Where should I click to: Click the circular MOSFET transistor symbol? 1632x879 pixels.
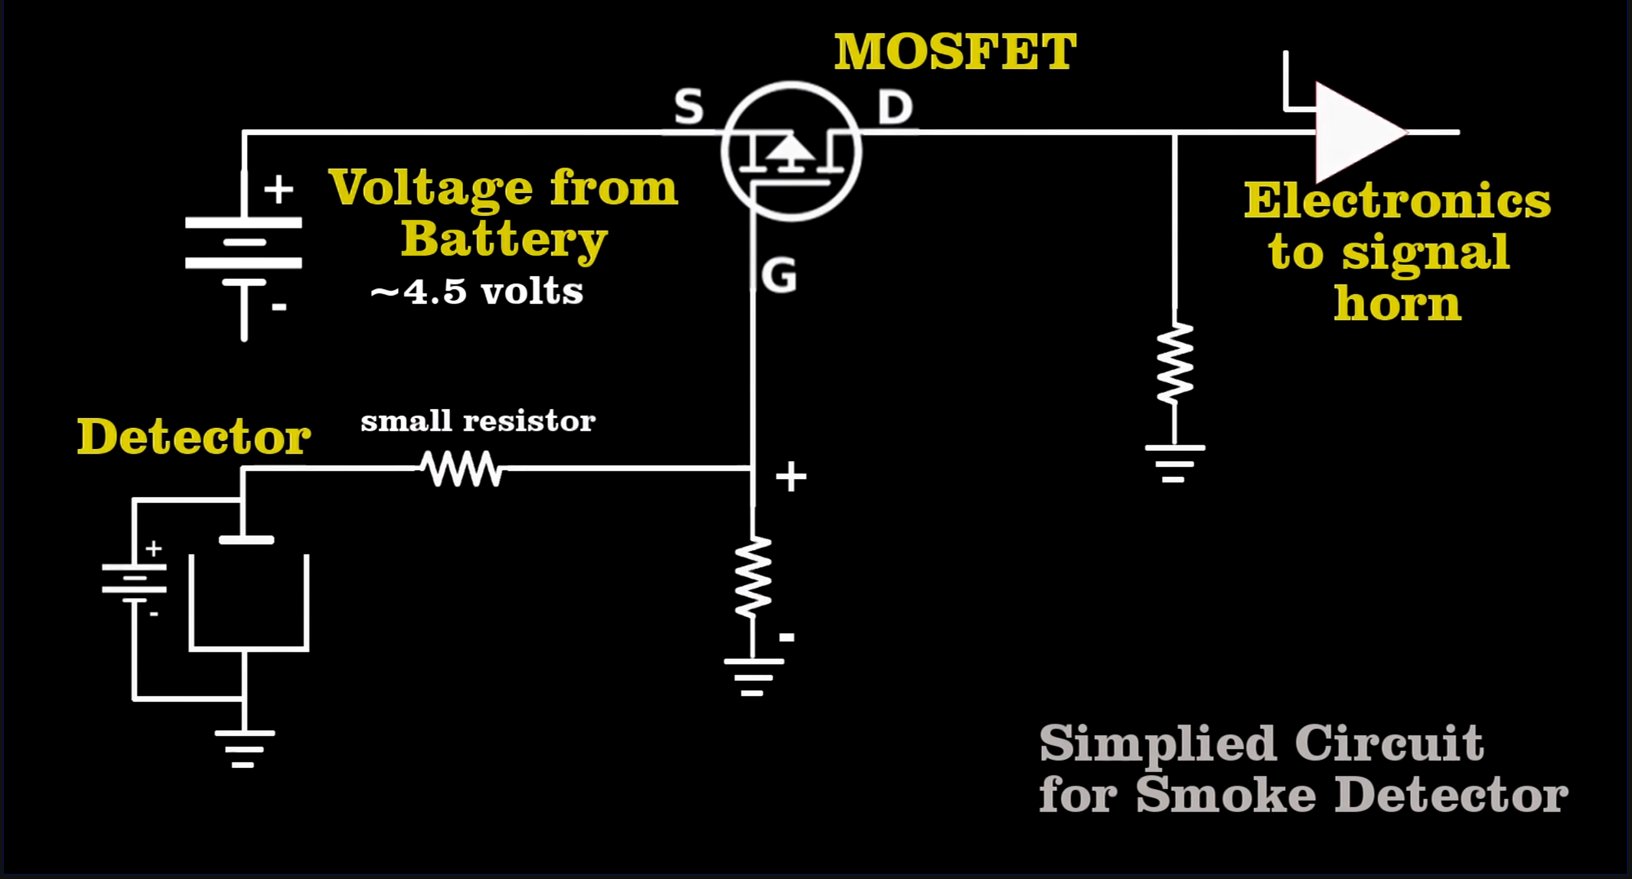tap(791, 151)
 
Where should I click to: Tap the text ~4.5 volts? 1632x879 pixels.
tap(476, 292)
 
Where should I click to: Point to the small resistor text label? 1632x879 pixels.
tap(478, 421)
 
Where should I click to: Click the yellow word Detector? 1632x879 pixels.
tap(193, 437)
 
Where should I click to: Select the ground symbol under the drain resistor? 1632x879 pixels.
tap(1174, 464)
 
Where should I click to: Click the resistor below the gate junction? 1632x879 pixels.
tap(753, 576)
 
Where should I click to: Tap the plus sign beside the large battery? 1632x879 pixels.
tap(278, 189)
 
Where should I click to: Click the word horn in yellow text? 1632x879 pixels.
tap(1397, 304)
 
